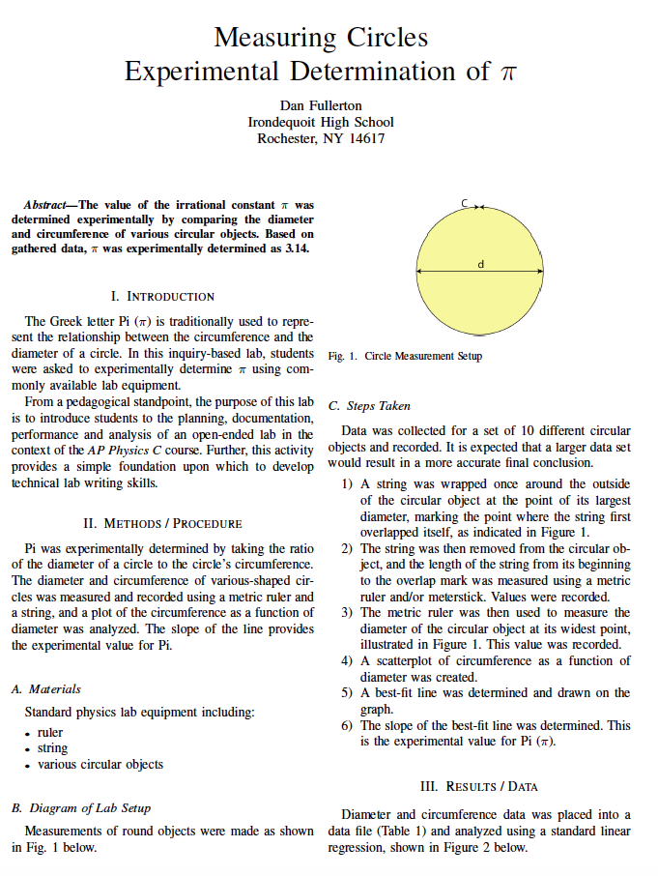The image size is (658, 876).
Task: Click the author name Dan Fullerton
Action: point(321,104)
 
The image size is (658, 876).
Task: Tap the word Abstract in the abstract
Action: point(45,206)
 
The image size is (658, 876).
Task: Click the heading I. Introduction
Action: point(162,296)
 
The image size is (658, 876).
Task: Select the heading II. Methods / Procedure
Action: point(162,523)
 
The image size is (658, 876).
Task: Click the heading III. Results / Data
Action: point(478,785)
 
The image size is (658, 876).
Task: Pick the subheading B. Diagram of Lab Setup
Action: point(81,807)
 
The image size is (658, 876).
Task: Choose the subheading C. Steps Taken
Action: point(370,406)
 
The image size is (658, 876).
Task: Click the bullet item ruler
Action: point(50,733)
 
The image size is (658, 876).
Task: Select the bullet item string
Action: point(52,748)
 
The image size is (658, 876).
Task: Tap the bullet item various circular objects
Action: point(100,764)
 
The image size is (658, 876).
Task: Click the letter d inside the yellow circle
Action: point(480,264)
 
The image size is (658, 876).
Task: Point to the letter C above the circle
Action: point(465,202)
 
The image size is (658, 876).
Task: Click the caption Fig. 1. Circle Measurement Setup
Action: point(405,356)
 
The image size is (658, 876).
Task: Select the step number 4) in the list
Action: point(347,661)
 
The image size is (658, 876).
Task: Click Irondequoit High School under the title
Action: point(321,122)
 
